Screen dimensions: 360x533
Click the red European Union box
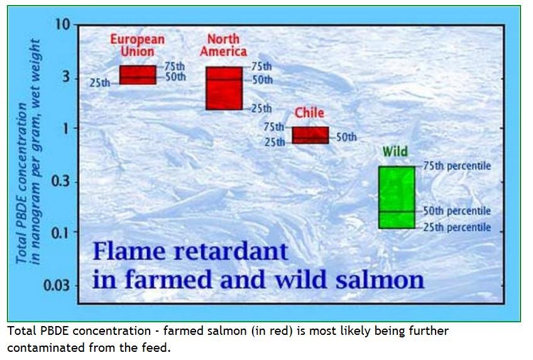[138, 75]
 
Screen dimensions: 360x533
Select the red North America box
[224, 88]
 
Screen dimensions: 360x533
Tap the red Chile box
[310, 135]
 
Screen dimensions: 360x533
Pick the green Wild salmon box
[397, 197]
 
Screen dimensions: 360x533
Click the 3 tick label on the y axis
[65, 80]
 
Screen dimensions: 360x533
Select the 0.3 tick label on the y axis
[60, 182]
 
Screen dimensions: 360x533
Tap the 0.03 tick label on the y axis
[57, 285]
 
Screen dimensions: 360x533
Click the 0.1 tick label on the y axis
[60, 233]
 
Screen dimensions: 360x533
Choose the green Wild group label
[395, 152]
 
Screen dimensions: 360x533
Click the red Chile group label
[309, 113]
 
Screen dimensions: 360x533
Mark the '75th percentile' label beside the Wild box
[456, 166]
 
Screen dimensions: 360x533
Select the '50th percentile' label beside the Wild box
[456, 211]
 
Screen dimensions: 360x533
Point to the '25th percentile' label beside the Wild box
[456, 227]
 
